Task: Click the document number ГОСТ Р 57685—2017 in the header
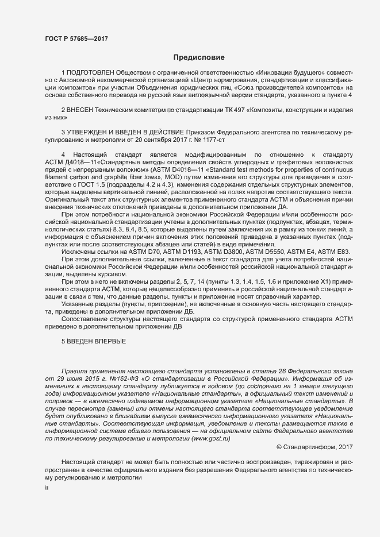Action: [76, 39]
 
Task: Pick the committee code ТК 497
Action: [244, 109]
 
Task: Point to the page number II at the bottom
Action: [47, 488]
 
